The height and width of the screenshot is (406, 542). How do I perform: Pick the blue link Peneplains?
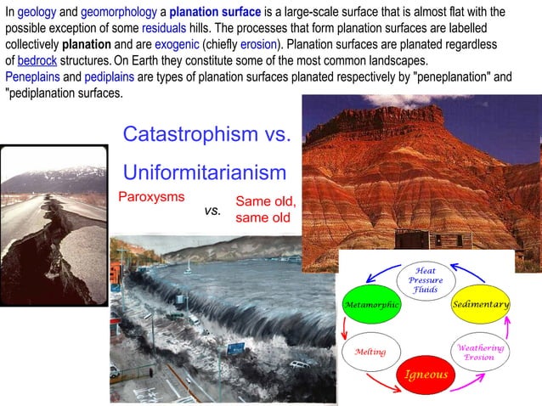click(x=31, y=77)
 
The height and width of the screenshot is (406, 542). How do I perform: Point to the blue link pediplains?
click(x=108, y=77)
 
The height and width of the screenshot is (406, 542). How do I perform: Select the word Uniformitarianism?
click(x=205, y=172)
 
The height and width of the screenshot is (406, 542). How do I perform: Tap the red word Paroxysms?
click(x=151, y=196)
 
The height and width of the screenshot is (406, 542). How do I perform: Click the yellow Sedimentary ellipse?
click(x=481, y=304)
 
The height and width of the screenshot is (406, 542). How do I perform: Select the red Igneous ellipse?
click(x=425, y=374)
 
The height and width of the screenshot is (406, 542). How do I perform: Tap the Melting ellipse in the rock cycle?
click(x=370, y=352)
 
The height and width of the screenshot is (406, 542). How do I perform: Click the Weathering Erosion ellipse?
click(x=481, y=352)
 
